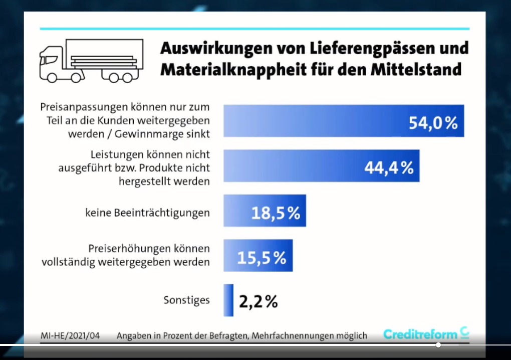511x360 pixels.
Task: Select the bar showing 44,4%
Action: tap(321, 166)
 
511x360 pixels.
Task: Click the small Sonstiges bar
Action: tap(228, 300)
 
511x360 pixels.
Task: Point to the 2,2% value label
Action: tap(258, 301)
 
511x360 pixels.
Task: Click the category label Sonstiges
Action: tap(186, 300)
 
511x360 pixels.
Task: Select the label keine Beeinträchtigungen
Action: tap(147, 213)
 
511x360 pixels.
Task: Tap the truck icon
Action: tap(91, 61)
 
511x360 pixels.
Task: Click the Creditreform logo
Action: tap(426, 334)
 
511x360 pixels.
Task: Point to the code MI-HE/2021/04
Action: tap(70, 335)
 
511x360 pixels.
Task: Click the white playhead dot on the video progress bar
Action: tap(438, 345)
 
